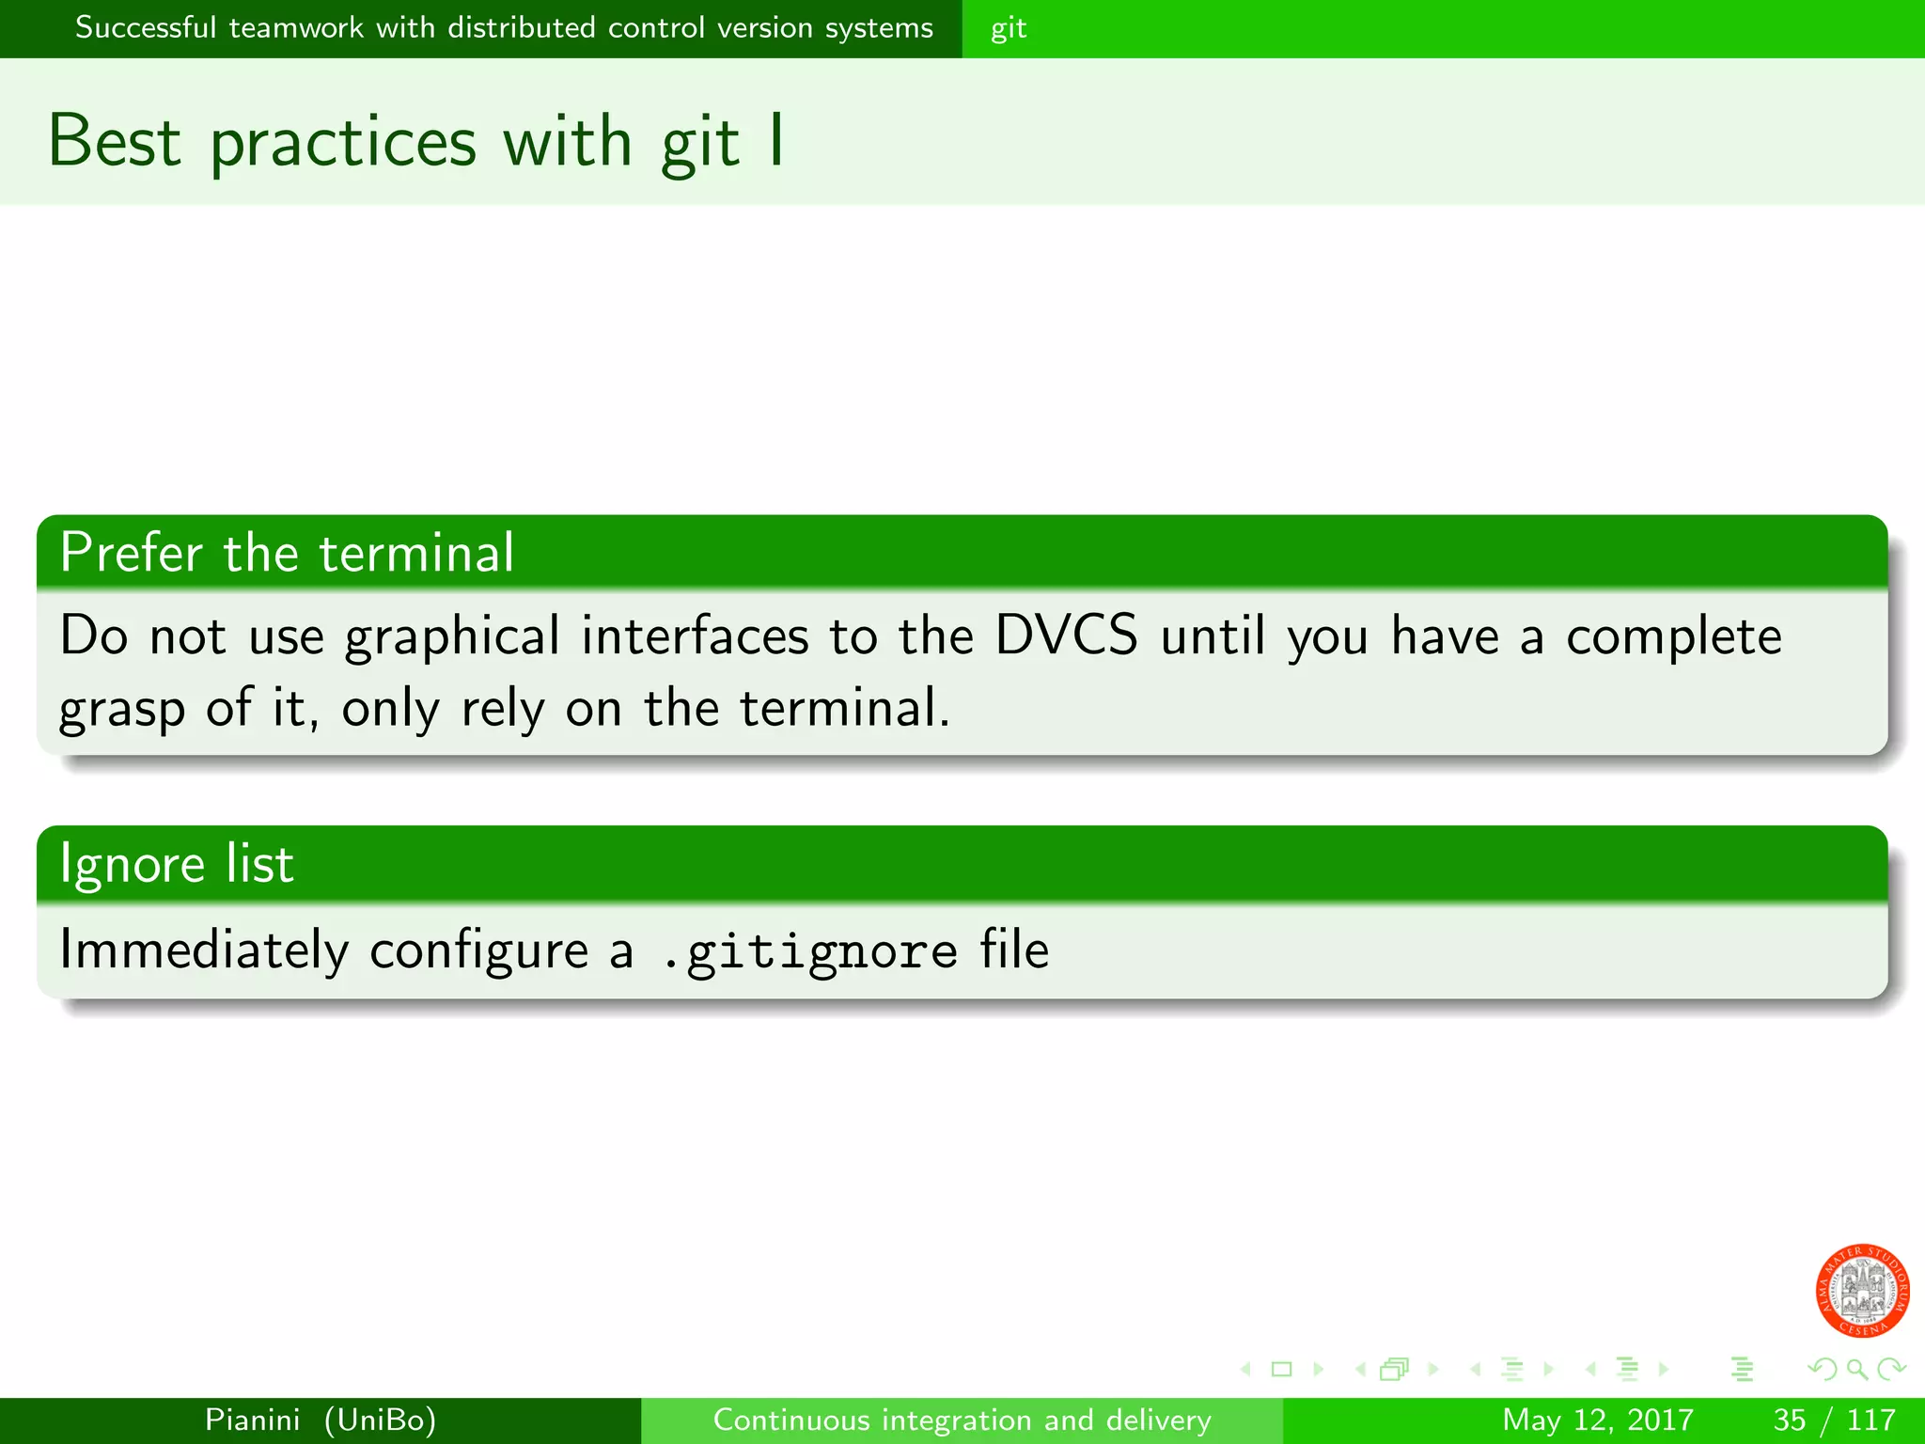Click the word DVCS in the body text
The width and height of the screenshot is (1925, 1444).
pyautogui.click(x=1066, y=636)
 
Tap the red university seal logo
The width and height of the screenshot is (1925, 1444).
pyautogui.click(x=1862, y=1291)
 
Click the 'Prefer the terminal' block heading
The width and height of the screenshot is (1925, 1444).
pyautogui.click(x=288, y=553)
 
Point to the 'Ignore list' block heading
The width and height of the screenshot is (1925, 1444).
pyautogui.click(x=177, y=863)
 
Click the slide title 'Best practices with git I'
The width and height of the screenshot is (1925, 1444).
pyautogui.click(x=415, y=141)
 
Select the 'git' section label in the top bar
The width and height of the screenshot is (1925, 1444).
pyautogui.click(x=1009, y=28)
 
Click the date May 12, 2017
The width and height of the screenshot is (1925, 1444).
pyautogui.click(x=1597, y=1420)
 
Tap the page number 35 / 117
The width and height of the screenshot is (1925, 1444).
pyautogui.click(x=1834, y=1420)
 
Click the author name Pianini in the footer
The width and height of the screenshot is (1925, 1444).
pyautogui.click(x=253, y=1420)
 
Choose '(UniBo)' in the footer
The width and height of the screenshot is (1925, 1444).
pyautogui.click(x=380, y=1420)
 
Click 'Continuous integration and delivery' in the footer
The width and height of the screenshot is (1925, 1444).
pyautogui.click(x=962, y=1420)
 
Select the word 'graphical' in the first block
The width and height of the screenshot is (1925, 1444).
pyautogui.click(x=452, y=637)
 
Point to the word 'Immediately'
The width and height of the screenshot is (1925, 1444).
pyautogui.click(x=204, y=950)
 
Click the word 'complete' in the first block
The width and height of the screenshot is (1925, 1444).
pyautogui.click(x=1673, y=637)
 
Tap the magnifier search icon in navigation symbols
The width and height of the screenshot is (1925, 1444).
pyautogui.click(x=1856, y=1369)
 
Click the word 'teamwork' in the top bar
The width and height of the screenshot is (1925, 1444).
pyautogui.click(x=296, y=28)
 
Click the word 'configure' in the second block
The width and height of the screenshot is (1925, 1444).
pyautogui.click(x=479, y=950)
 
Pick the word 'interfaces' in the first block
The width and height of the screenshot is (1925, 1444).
pyautogui.click(x=695, y=636)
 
